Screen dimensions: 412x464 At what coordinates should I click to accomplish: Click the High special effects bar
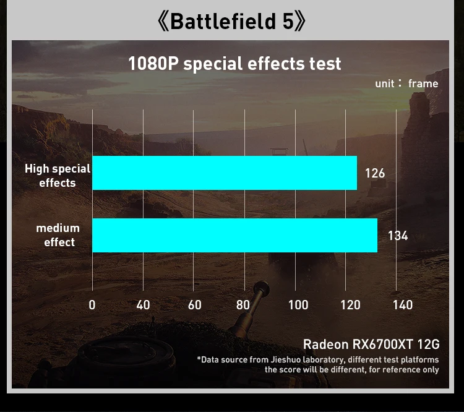click(x=225, y=173)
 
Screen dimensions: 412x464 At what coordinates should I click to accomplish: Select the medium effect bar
click(x=234, y=235)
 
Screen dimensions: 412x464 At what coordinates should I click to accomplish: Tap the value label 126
click(x=375, y=173)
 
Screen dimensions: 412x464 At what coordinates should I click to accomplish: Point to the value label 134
click(x=398, y=236)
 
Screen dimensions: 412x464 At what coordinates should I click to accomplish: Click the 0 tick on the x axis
click(x=92, y=305)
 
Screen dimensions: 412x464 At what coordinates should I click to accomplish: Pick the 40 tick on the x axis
click(x=143, y=305)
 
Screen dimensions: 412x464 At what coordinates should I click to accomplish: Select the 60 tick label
click(x=194, y=305)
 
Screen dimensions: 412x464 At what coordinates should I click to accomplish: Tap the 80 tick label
click(x=243, y=305)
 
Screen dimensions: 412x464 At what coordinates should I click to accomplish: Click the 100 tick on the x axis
click(x=298, y=305)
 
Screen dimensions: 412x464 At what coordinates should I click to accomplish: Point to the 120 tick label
click(x=350, y=305)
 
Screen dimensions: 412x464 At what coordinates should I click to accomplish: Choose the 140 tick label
click(x=402, y=305)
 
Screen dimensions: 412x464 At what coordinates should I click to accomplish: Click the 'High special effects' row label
click(x=58, y=176)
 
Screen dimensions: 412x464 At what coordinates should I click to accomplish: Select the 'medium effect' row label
click(x=58, y=235)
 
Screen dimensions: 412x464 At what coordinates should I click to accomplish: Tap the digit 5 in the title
click(x=288, y=22)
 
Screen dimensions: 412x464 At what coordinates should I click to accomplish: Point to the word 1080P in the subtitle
click(x=153, y=64)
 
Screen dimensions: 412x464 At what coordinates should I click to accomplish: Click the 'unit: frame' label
click(x=406, y=84)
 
